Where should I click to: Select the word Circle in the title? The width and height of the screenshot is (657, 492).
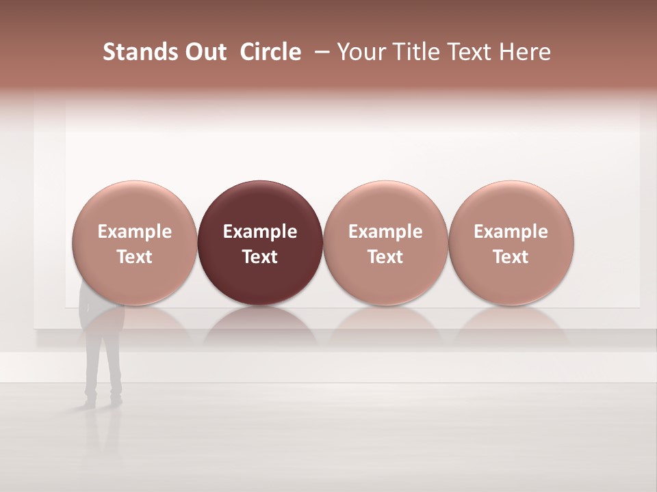coord(270,52)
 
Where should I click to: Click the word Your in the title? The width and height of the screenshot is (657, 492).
coord(359,52)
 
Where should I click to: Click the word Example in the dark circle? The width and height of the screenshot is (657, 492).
coord(260,232)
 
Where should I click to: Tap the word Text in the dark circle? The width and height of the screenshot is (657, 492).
coord(260,257)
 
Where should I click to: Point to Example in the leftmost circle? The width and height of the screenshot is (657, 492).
coord(134,232)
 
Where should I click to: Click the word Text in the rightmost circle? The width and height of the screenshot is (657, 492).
coord(511,257)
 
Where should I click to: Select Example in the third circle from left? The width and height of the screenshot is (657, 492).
coord(385,232)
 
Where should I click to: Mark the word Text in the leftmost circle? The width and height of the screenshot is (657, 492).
coord(134,257)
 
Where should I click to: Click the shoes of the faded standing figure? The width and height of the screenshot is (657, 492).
coord(103,399)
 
